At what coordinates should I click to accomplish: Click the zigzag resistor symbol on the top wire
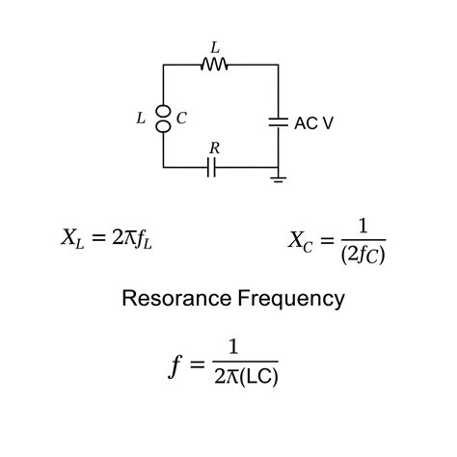[214, 65]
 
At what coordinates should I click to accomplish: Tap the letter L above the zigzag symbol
[214, 45]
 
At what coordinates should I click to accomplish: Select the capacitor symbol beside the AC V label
[278, 122]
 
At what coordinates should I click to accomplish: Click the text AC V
[314, 123]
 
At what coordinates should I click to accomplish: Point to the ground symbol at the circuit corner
[279, 178]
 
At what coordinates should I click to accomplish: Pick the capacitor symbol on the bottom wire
[212, 168]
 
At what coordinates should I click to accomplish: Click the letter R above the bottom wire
[214, 148]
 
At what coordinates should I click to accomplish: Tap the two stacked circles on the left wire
[163, 118]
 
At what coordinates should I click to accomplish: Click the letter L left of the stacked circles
[141, 119]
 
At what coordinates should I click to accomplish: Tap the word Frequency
[291, 299]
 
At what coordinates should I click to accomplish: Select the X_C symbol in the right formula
[299, 240]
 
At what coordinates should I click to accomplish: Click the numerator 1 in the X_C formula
[363, 226]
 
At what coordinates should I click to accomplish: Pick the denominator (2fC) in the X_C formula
[363, 255]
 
